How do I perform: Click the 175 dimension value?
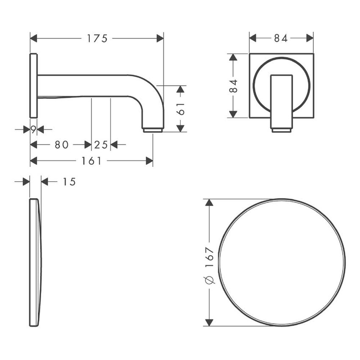[x=97, y=38]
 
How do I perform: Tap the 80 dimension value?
[x=61, y=145]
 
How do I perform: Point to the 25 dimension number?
[x=101, y=145]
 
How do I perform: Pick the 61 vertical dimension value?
[x=181, y=109]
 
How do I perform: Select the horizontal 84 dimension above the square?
[x=281, y=38]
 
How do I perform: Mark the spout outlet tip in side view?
[x=153, y=130]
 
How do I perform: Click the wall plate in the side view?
[x=33, y=86]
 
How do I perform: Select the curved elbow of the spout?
[x=150, y=91]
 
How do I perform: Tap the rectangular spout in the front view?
[x=281, y=102]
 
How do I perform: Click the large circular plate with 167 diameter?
[x=282, y=263]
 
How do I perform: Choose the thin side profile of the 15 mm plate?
[x=35, y=263]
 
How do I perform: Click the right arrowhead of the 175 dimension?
[x=160, y=38]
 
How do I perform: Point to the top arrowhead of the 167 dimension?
[x=208, y=202]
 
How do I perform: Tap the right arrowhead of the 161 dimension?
[x=149, y=161]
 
